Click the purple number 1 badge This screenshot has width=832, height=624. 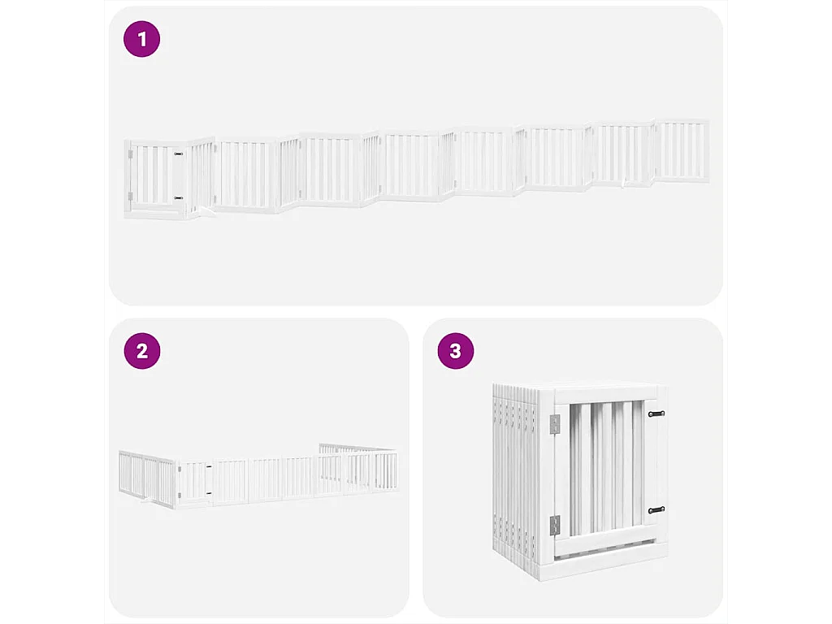[141, 39]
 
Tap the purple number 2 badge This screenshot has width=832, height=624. [141, 351]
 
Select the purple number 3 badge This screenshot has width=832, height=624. [455, 351]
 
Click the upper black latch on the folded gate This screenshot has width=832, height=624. [656, 414]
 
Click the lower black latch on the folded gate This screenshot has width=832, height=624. [656, 509]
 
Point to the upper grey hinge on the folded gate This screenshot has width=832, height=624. [555, 424]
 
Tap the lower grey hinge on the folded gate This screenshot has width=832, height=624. [555, 525]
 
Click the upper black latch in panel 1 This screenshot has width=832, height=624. [178, 154]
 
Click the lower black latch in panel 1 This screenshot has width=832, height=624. [178, 197]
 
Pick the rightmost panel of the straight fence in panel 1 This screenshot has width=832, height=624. [681, 151]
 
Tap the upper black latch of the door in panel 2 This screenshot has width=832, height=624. [209, 467]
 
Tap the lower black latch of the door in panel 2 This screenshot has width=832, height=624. [209, 492]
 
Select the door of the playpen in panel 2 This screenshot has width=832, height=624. [193, 482]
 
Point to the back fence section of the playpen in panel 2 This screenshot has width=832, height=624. [357, 448]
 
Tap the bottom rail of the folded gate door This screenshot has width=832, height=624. [609, 540]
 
